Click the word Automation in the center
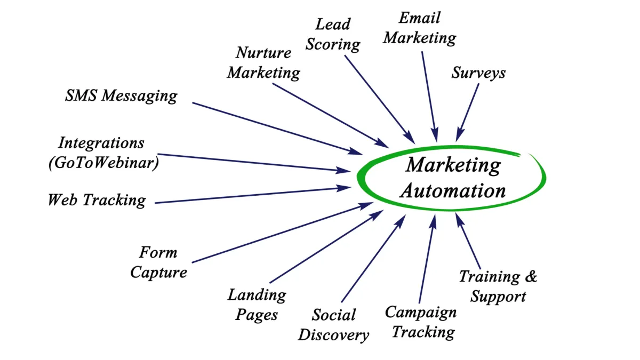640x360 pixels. [453, 191]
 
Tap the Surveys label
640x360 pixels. [478, 73]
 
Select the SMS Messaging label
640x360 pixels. [121, 96]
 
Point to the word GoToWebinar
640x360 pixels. [103, 162]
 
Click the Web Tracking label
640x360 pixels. [97, 200]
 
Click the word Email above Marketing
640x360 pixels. [420, 18]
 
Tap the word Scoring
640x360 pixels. [332, 44]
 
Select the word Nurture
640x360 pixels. [263, 53]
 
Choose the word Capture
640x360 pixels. [158, 272]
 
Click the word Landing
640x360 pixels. [257, 294]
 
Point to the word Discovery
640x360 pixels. [333, 335]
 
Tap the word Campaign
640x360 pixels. [421, 312]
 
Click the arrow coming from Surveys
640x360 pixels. [468, 112]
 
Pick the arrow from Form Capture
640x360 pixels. [283, 233]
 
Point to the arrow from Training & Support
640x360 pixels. [469, 241]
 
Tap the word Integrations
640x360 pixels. [101, 143]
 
